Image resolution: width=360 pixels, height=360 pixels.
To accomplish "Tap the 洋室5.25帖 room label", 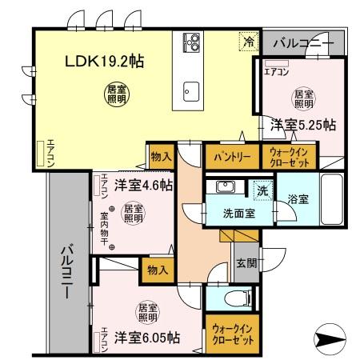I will tap(302, 125).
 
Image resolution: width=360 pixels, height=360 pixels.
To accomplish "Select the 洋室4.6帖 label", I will tap(142, 185).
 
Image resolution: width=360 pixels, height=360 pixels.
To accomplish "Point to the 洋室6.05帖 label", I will tap(146, 336).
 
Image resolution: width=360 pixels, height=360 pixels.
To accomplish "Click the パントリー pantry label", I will tap(233, 158).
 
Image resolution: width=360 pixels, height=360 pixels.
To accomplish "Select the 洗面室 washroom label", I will tap(238, 214).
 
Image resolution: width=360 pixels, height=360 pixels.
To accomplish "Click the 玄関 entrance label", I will tap(245, 262).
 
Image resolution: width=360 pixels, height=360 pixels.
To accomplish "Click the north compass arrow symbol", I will tap(331, 340).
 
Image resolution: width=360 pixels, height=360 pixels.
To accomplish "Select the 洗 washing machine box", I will tap(262, 191).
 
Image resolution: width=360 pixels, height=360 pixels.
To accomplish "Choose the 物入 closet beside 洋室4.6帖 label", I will tap(160, 157).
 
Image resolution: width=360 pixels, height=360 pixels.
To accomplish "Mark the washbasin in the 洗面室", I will tap(225, 189).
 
